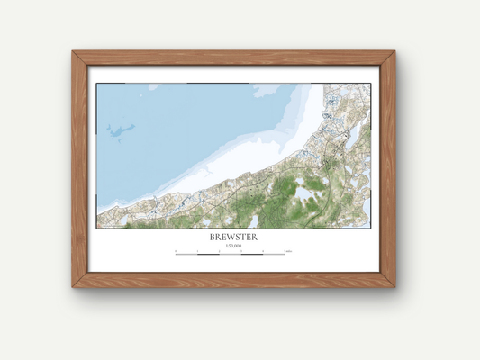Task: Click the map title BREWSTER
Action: point(233,237)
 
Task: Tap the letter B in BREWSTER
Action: point(213,237)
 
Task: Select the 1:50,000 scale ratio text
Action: point(233,246)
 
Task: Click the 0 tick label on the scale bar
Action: point(177,251)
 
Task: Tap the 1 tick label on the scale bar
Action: point(197,251)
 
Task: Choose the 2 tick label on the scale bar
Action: point(220,251)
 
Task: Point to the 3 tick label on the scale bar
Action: point(241,251)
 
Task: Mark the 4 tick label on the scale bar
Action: point(263,251)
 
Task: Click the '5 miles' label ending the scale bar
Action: point(286,251)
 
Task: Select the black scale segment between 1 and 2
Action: point(209,255)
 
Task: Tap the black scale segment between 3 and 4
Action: point(252,255)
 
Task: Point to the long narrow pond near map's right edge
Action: point(354,136)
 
